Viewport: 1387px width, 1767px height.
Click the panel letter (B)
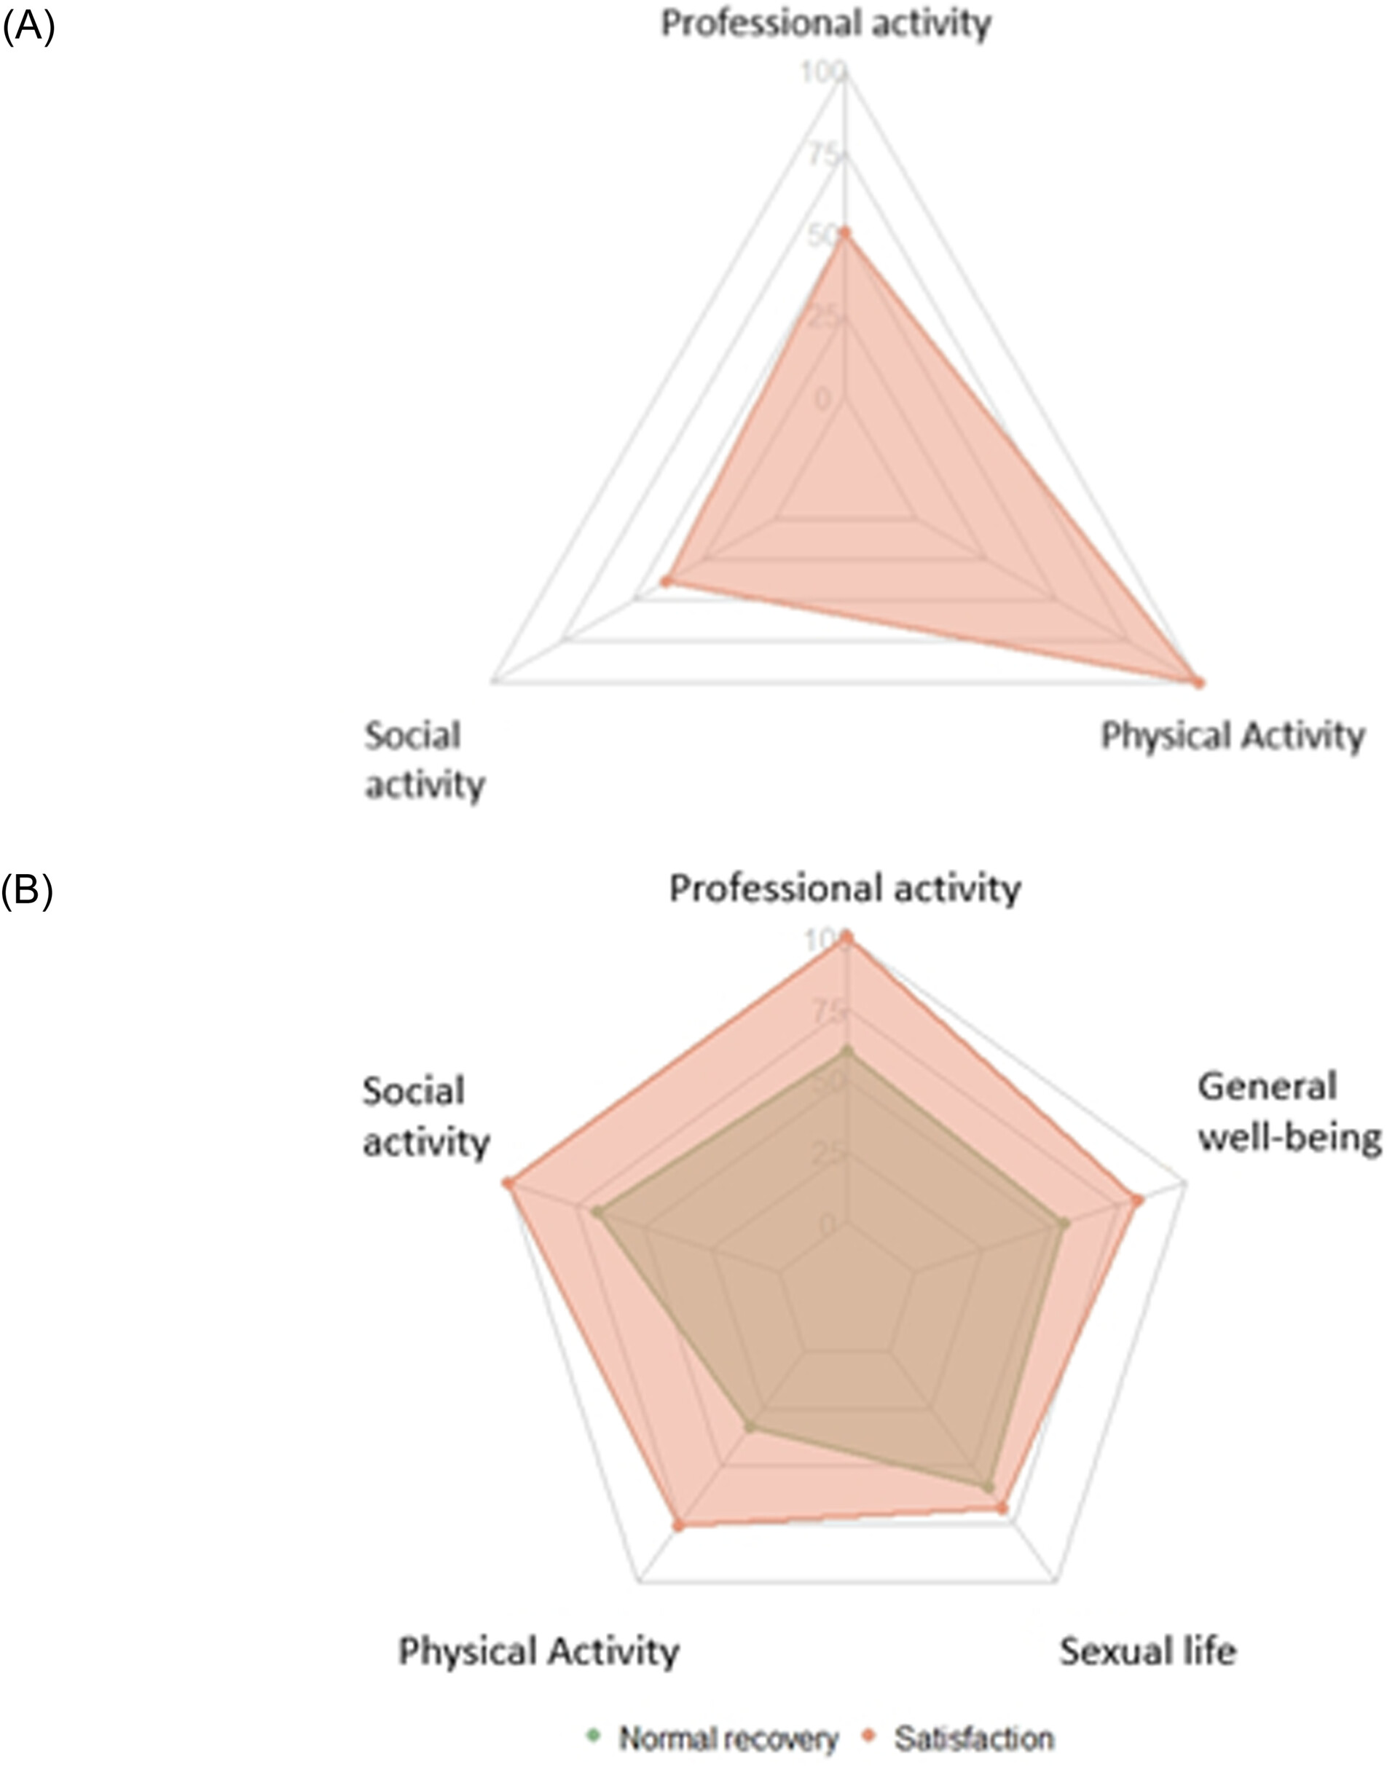(x=27, y=891)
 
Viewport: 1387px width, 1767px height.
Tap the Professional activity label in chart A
(x=825, y=24)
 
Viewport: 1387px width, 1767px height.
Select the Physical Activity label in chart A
(x=1231, y=736)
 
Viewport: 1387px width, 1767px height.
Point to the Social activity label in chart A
(x=424, y=761)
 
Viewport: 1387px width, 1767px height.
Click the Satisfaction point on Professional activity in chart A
(x=844, y=234)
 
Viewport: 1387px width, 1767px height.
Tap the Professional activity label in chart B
(x=844, y=889)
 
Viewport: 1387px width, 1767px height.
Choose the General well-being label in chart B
(x=1288, y=1111)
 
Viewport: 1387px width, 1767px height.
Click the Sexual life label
(x=1147, y=1652)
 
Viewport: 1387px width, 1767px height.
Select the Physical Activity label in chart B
(x=538, y=1652)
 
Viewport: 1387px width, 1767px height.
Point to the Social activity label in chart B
(x=425, y=1117)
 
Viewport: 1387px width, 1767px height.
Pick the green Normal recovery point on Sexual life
(x=989, y=1486)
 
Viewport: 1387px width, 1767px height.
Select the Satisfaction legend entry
(x=961, y=1739)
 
